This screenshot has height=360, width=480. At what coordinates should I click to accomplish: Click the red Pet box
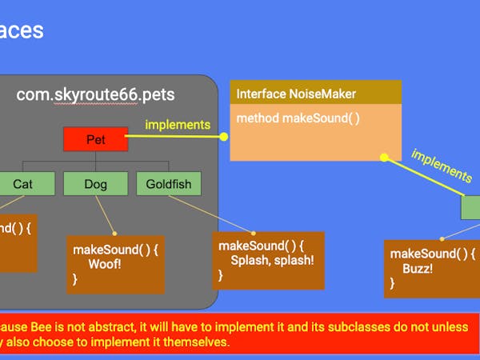95,140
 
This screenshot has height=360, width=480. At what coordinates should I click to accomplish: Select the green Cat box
23,184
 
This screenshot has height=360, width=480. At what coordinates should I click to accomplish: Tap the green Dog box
95,184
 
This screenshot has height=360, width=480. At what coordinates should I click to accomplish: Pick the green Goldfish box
169,184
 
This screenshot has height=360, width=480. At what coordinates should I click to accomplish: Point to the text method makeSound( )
298,118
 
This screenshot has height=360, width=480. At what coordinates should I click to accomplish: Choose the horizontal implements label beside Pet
178,124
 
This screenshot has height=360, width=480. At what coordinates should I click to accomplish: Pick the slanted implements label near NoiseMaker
441,164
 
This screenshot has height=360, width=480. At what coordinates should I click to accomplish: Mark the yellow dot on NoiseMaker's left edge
225,137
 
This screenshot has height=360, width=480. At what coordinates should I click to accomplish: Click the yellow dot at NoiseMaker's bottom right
384,158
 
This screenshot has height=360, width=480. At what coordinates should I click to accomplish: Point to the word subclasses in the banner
346,327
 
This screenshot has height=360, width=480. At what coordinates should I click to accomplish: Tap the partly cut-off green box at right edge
470,207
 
